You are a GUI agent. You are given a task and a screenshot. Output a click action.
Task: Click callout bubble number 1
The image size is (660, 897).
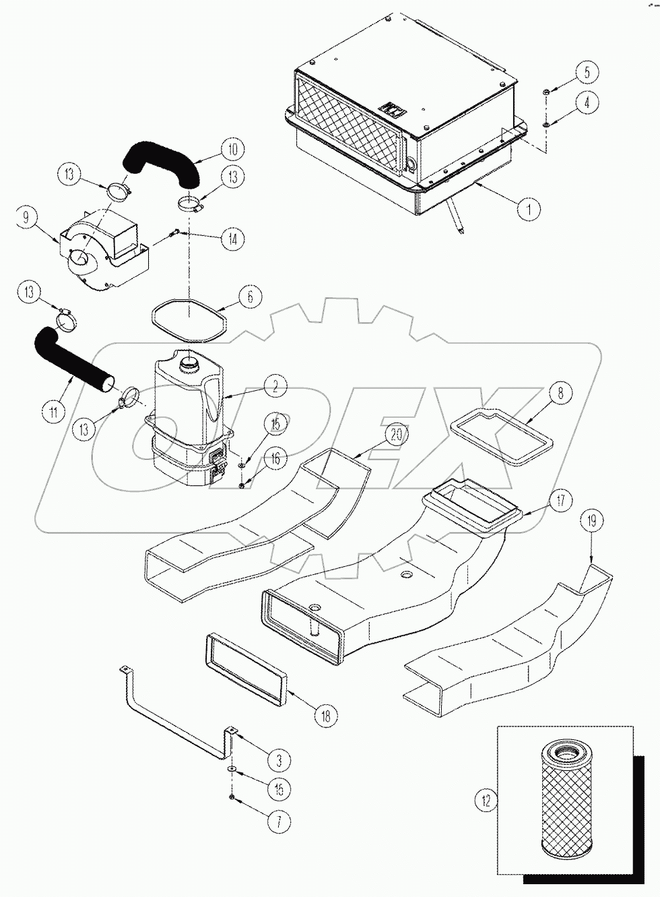(529, 209)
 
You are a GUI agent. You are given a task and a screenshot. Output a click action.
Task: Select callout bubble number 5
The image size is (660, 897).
(587, 71)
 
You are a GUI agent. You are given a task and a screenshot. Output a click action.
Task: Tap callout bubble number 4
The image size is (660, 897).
(587, 103)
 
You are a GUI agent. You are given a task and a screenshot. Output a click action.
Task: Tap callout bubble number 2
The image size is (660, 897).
(274, 388)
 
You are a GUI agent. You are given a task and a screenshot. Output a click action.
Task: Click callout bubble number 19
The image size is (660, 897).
(591, 521)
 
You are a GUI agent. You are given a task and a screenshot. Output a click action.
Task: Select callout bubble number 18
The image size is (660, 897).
(326, 716)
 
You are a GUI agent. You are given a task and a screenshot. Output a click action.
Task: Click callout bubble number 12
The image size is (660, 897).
(486, 801)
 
